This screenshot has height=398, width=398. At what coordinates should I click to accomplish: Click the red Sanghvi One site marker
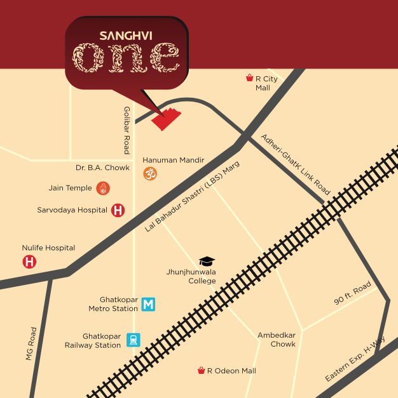[x=167, y=119]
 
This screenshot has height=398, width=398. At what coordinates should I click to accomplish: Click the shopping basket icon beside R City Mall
[x=250, y=78]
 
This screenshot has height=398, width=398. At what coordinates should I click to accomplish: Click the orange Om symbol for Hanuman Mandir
[x=149, y=173]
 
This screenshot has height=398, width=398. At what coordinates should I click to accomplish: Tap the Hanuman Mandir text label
[x=173, y=160]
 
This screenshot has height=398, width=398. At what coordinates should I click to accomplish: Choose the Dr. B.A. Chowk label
[x=102, y=168]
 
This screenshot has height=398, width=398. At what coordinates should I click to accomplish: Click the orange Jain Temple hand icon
[x=103, y=188]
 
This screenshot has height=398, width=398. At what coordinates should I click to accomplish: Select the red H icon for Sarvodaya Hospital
[x=118, y=210]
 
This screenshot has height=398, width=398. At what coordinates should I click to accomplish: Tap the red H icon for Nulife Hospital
[x=29, y=261]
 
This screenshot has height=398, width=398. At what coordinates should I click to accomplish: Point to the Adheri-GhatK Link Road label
[x=296, y=164]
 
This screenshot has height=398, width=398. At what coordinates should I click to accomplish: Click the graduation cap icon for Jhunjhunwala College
[x=207, y=261]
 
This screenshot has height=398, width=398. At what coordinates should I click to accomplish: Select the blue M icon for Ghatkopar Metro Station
[x=148, y=304]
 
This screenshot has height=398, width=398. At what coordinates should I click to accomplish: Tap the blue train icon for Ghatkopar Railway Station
[x=134, y=340]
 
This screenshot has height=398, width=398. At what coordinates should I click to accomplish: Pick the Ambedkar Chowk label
[x=276, y=340]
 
